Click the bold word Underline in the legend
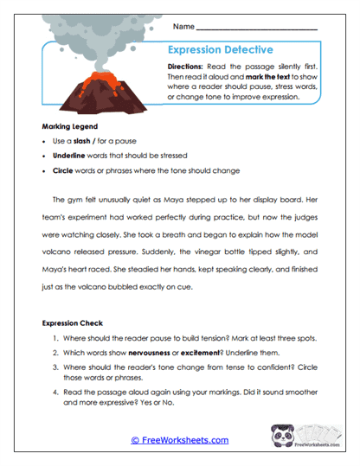pyautogui.click(x=70, y=156)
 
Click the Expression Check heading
pyautogui.click(x=75, y=323)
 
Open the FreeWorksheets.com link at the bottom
pyautogui.click(x=179, y=440)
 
